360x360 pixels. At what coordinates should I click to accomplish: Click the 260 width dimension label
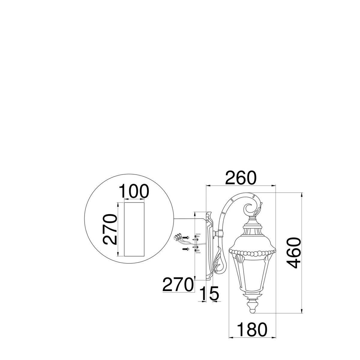[240, 178]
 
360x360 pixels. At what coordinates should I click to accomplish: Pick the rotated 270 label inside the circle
[110, 229]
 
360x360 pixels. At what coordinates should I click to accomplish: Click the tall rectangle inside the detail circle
[134, 229]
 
